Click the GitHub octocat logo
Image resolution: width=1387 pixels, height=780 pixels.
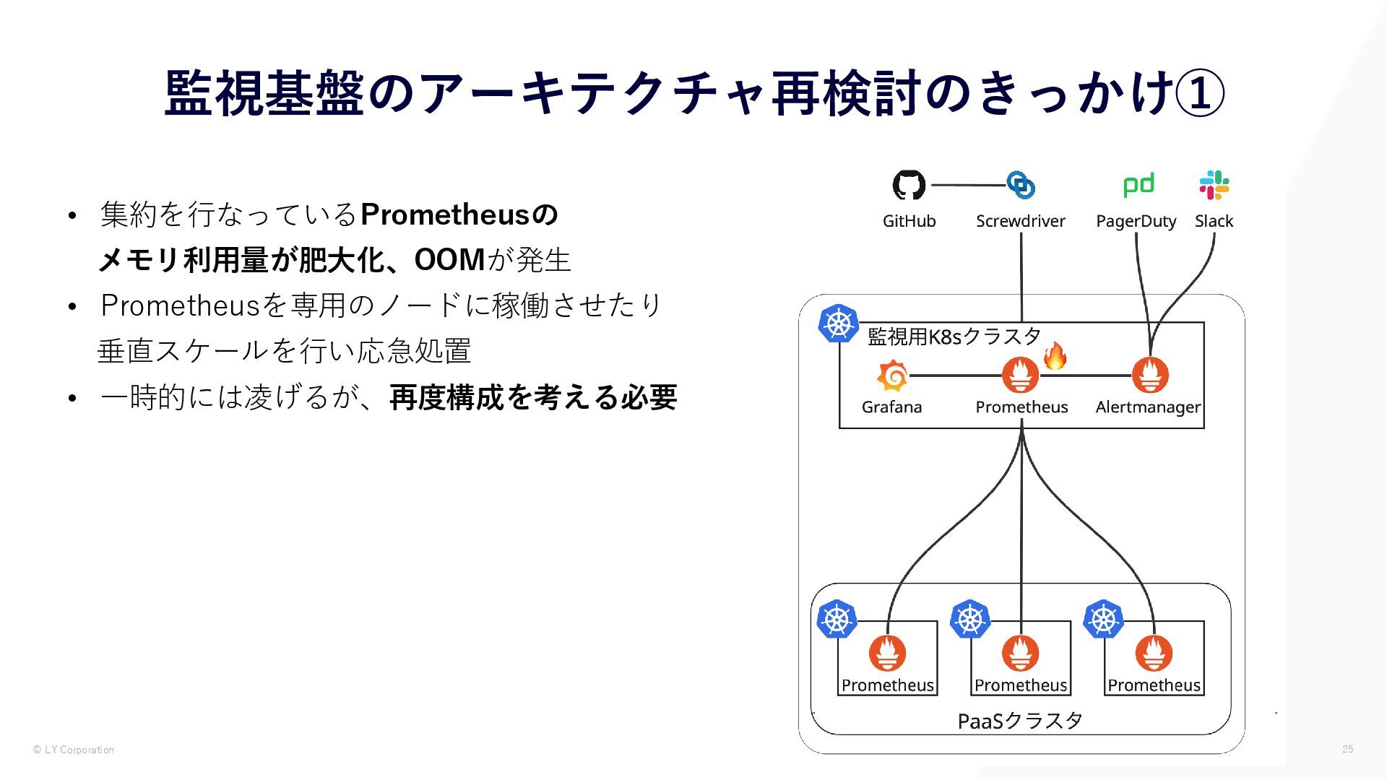click(909, 185)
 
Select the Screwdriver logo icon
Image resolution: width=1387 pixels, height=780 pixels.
click(1021, 185)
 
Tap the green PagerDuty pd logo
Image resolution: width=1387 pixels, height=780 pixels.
click(1138, 185)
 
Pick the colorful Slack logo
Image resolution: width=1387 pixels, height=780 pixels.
click(1214, 185)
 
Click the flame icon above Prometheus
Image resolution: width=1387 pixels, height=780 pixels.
click(1055, 356)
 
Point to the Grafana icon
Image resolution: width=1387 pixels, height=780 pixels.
click(892, 376)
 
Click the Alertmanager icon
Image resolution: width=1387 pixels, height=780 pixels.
click(1150, 375)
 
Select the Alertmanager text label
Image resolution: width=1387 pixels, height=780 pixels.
click(1148, 407)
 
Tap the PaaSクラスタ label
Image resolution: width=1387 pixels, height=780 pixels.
click(1020, 721)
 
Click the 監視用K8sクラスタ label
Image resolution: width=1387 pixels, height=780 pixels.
click(954, 337)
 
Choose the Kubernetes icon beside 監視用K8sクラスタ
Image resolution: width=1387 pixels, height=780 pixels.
click(838, 323)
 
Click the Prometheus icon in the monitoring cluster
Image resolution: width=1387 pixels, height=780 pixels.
click(1021, 375)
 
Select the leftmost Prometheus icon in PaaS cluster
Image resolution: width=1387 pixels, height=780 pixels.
click(887, 653)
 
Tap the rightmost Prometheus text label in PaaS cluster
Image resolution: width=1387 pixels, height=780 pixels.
click(1154, 685)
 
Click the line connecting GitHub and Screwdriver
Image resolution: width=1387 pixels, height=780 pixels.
click(968, 185)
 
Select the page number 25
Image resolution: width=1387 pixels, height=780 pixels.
click(1347, 749)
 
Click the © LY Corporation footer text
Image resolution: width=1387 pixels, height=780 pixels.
click(74, 750)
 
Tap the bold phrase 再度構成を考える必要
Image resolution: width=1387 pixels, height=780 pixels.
click(533, 397)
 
